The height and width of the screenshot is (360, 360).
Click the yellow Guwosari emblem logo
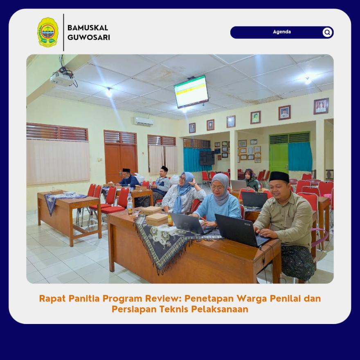pyautogui.click(x=48, y=32)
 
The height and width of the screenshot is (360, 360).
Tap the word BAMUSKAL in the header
pyautogui.click(x=88, y=28)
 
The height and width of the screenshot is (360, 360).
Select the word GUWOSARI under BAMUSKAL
pyautogui.click(x=89, y=37)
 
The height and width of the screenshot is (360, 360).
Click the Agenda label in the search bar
pyautogui.click(x=282, y=32)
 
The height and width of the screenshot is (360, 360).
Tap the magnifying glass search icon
pyautogui.click(x=327, y=32)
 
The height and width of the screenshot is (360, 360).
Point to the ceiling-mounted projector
pyautogui.click(x=62, y=78)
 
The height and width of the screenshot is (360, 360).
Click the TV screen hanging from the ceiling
pyautogui.click(x=191, y=91)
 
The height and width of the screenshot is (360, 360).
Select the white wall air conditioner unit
pyautogui.click(x=144, y=121)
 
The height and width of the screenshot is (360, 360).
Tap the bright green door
pyautogui.click(x=279, y=158)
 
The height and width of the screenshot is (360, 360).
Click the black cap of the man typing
pyautogui.click(x=279, y=177)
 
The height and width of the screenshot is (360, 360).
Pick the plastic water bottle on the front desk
pyautogui.click(x=130, y=204)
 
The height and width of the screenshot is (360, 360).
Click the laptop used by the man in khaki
pyautogui.click(x=241, y=230)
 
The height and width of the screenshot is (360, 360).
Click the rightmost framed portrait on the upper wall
pyautogui.click(x=321, y=106)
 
